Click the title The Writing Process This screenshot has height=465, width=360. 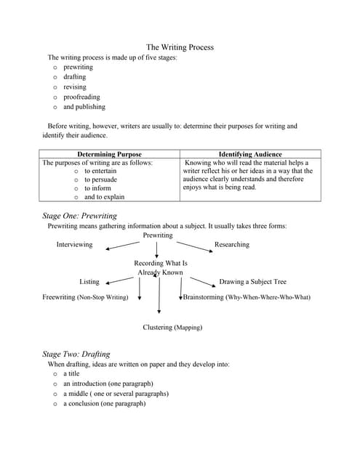[180, 47]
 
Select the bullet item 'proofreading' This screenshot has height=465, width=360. [81, 97]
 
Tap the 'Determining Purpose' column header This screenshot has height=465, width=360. [109, 154]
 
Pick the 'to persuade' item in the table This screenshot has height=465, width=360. [100, 179]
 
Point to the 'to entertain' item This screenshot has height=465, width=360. [100, 171]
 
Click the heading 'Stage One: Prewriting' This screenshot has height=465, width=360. [79, 216]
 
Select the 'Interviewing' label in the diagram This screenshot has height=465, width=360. [75, 245]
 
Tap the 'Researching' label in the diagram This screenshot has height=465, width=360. [231, 245]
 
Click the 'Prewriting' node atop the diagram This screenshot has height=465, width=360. [158, 235]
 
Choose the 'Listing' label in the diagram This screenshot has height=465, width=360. [89, 281]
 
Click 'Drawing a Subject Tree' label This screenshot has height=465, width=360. [252, 281]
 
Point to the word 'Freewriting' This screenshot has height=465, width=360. [58, 297]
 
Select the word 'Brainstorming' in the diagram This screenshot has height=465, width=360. [204, 297]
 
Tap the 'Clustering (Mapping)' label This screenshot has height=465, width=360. [172, 328]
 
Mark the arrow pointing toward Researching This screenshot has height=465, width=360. [193, 246]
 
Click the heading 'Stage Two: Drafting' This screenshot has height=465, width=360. [76, 354]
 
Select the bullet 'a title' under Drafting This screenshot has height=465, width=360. [71, 373]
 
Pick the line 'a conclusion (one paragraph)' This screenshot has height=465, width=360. [104, 403]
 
